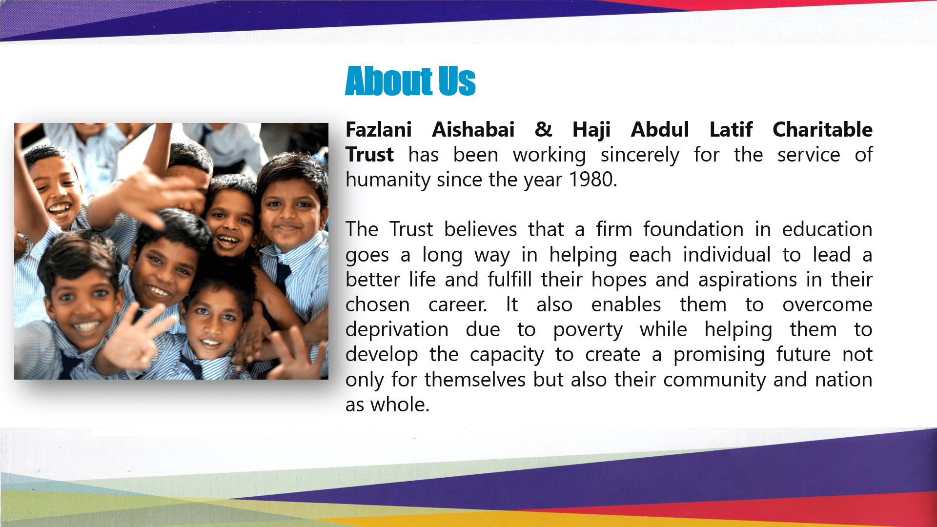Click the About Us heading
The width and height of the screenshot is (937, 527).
[x=410, y=81]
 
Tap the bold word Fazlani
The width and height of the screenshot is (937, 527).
[x=379, y=130]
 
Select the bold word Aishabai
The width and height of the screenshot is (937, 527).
[x=473, y=130]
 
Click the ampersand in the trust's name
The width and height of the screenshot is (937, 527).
[x=544, y=130]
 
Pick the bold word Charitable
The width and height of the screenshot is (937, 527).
[x=823, y=130]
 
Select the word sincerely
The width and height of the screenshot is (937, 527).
[x=640, y=156]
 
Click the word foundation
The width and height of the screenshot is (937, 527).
[x=693, y=229]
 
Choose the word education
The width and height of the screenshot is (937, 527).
[x=827, y=229]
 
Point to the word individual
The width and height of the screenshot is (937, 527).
[x=727, y=255]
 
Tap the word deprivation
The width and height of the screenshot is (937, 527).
[x=397, y=330]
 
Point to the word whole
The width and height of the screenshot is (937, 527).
[x=400, y=405]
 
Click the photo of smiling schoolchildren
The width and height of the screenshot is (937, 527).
[x=171, y=251]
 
